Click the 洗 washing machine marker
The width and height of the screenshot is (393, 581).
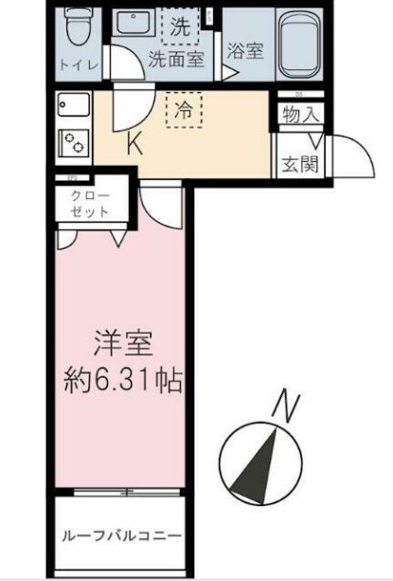[180, 27]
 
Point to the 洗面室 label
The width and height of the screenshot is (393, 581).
[175, 59]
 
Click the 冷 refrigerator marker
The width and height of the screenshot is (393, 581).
[185, 109]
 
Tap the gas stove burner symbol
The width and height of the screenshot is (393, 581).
[72, 142]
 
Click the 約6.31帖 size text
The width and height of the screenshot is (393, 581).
[123, 381]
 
